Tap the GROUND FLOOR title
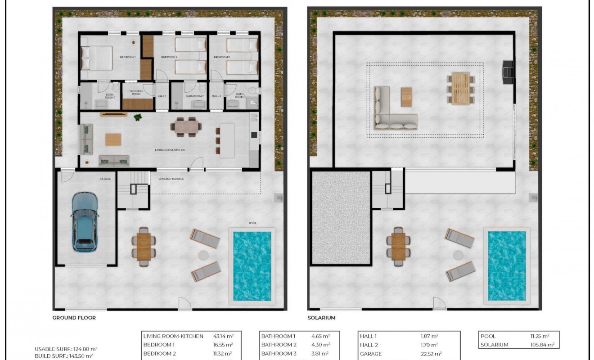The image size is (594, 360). pos(74,318)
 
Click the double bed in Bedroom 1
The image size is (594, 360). pos(97,58)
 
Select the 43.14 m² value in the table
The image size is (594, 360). pos(223,336)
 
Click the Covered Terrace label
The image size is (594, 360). pos(171,179)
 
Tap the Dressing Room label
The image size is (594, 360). pos(136,93)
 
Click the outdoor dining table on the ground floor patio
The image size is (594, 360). pos(144,247)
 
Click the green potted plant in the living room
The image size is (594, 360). pos(138,117)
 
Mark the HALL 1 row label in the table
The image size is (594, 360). pos(368,336)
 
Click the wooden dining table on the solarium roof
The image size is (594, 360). pos(460,88)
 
